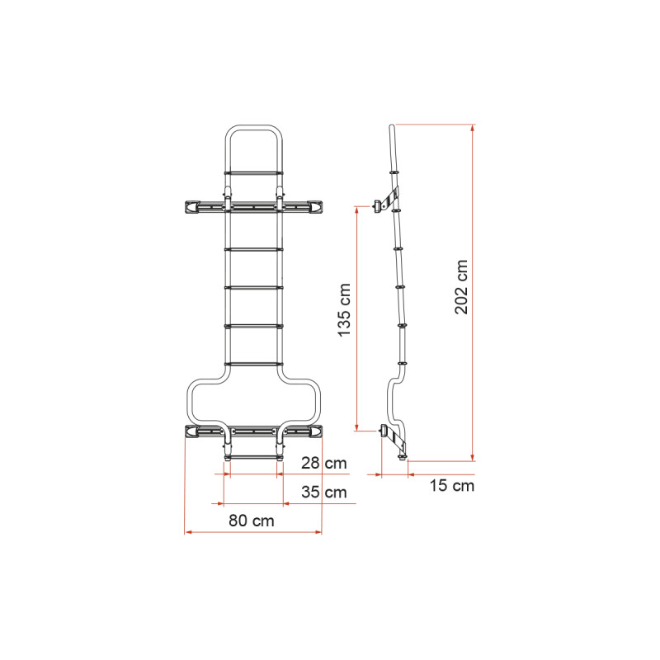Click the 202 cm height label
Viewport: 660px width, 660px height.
[x=461, y=286]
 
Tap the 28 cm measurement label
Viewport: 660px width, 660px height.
[x=323, y=463]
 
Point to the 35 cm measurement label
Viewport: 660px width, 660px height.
[x=323, y=493]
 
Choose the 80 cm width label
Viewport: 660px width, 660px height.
[x=252, y=521]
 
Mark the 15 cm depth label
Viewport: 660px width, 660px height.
[x=452, y=486]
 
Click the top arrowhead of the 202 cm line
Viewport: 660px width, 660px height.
[x=473, y=128]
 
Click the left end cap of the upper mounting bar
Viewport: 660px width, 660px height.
[x=190, y=206]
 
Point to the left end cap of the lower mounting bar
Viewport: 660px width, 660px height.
[x=190, y=431]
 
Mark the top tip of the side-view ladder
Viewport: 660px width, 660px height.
[x=394, y=127]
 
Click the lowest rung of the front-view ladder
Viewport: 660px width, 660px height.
[x=252, y=454]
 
